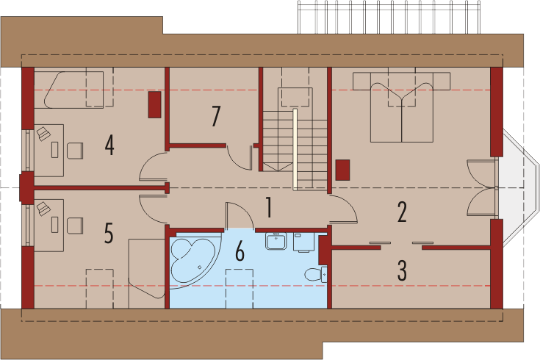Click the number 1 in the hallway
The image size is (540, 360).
point(269,207)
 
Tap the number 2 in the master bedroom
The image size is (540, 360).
point(402,212)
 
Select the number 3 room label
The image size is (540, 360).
point(403,270)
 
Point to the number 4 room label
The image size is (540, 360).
point(109,145)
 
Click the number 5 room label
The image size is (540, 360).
point(109,233)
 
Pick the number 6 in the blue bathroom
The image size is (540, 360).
point(240,251)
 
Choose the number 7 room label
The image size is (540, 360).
point(215,116)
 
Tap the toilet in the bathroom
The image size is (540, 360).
point(316,274)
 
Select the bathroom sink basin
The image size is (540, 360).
point(276,241)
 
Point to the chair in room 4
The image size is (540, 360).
point(75,151)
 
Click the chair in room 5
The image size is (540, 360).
point(75,226)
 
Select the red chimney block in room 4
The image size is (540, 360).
point(154,105)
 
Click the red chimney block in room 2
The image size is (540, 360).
point(342,170)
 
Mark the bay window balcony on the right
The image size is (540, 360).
point(518,187)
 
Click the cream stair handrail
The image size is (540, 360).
point(295,150)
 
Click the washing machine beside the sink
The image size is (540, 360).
point(303,242)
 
